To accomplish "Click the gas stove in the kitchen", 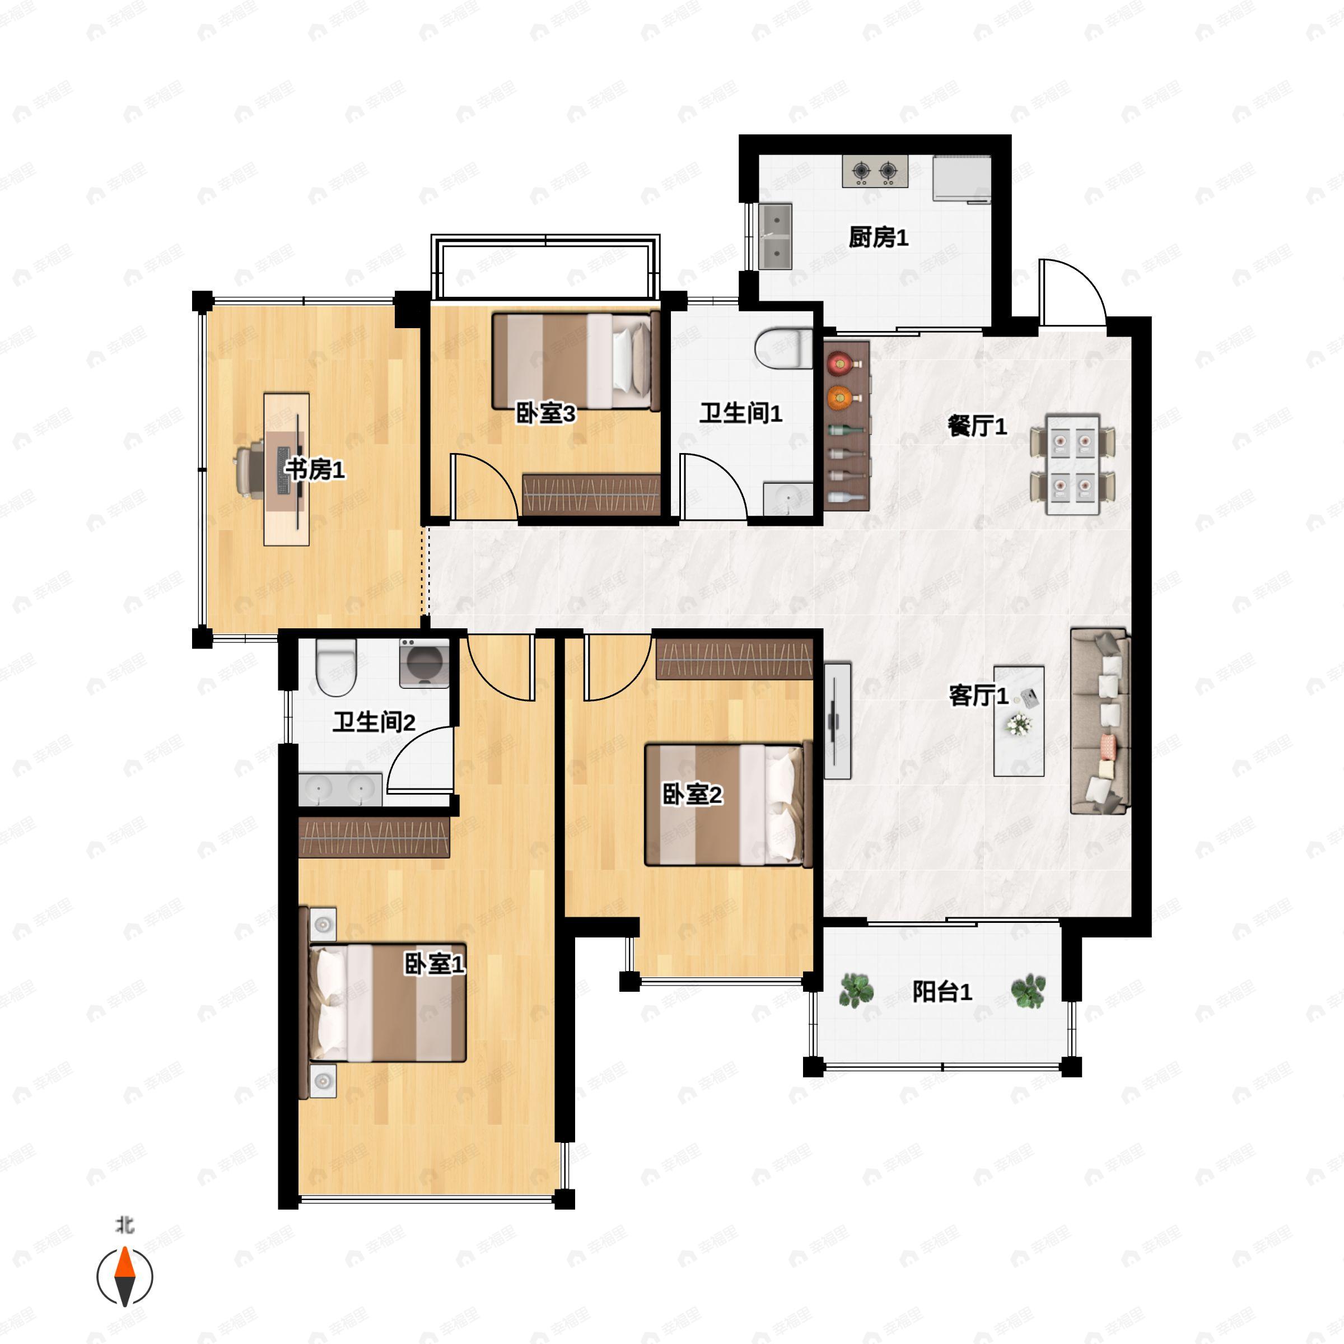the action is coord(875,171).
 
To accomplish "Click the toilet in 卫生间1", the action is coord(784,348).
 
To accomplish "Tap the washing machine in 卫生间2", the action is coord(424,663).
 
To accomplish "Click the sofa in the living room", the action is coord(1100,721).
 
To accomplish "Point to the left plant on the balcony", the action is coord(856,991).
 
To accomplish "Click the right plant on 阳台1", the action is coord(1028,991).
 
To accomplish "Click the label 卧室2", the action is coord(692,795).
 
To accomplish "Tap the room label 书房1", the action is coord(315,470).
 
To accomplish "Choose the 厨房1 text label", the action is coord(879,238).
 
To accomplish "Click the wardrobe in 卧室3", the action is coord(591,494).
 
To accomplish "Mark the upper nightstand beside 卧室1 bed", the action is coord(323,925).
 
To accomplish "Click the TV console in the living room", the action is coord(838,721).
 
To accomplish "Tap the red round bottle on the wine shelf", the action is coord(841,362).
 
